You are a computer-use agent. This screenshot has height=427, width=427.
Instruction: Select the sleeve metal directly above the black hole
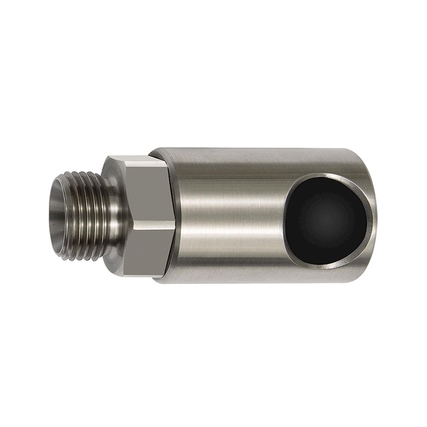click(325, 162)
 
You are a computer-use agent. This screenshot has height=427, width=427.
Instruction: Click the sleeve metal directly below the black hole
click(325, 273)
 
